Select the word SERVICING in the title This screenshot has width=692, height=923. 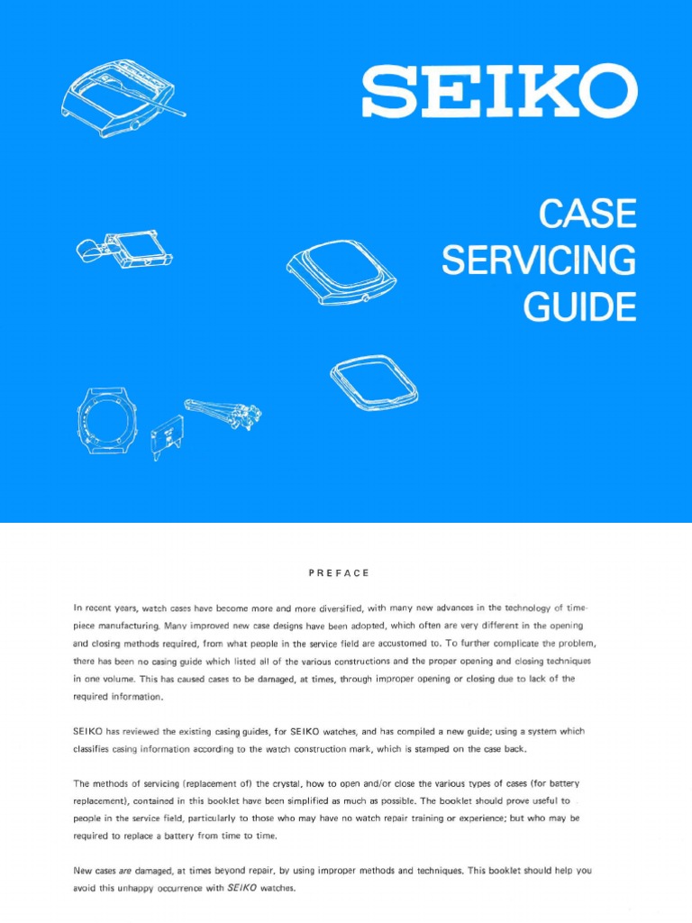[539, 260]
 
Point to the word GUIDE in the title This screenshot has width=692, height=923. [580, 306]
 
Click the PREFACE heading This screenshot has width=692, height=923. [339, 573]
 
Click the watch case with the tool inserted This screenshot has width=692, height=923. [123, 100]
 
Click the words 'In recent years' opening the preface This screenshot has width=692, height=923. [108, 609]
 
